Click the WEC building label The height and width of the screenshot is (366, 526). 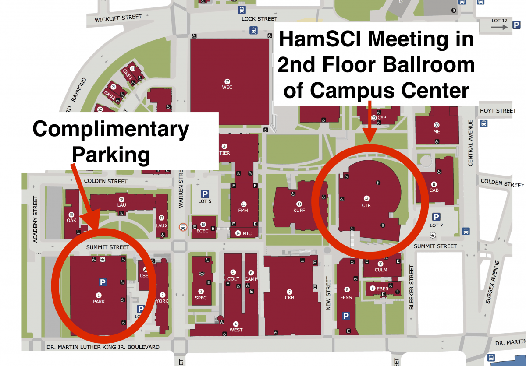[x=227, y=87]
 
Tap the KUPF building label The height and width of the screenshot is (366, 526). [x=299, y=210]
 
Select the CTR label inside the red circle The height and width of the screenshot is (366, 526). [x=366, y=205]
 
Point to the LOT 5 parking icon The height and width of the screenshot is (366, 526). [x=205, y=194]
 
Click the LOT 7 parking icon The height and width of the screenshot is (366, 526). [x=436, y=217]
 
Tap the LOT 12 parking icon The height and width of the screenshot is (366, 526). [x=516, y=27]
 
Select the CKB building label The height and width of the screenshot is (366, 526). [x=289, y=298]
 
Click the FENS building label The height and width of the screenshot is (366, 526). [x=347, y=297]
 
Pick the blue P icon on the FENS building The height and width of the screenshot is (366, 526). [x=346, y=316]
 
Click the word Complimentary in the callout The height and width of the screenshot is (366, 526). [x=111, y=129]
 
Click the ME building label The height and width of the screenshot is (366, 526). [x=436, y=131]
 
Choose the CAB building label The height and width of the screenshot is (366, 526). [x=434, y=190]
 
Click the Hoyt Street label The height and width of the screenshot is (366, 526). [x=498, y=111]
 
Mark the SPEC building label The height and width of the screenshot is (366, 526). [x=201, y=298]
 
